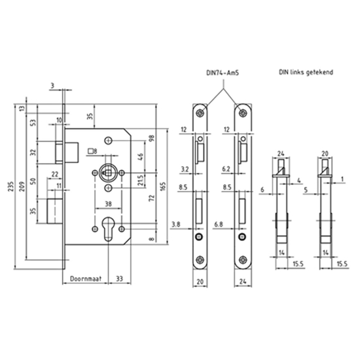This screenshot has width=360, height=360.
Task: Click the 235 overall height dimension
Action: pyautogui.click(x=10, y=187)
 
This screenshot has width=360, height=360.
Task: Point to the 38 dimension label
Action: pyautogui.click(x=107, y=204)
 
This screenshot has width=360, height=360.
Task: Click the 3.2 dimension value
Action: pyautogui.click(x=185, y=168)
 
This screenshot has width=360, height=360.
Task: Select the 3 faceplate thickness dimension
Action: pyautogui.click(x=52, y=85)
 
